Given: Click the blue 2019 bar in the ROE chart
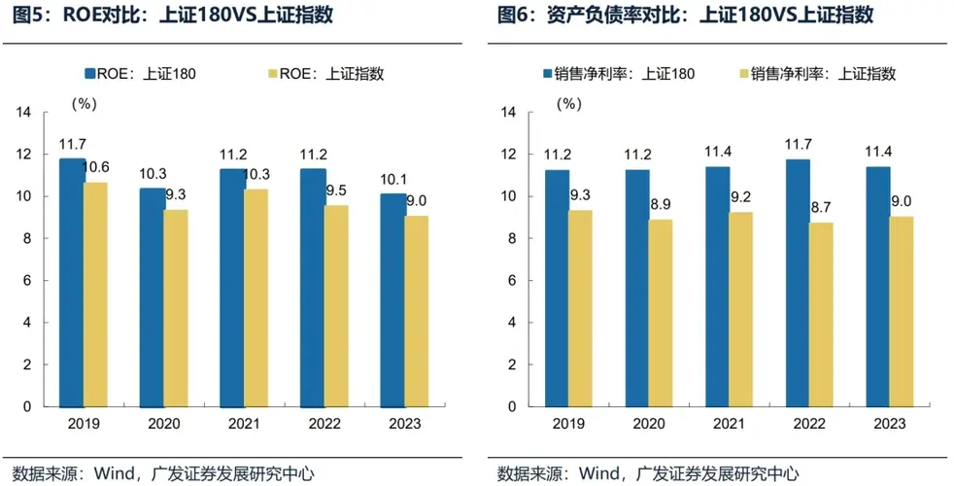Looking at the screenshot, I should pyautogui.click(x=72, y=282).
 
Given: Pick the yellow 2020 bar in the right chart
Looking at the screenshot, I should pyautogui.click(x=661, y=313).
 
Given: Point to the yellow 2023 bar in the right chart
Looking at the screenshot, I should pyautogui.click(x=901, y=311).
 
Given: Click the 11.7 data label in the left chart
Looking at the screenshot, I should pyautogui.click(x=72, y=145).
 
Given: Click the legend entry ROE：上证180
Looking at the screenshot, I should pyautogui.click(x=141, y=74).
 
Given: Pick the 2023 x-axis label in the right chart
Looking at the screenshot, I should pyautogui.click(x=889, y=425).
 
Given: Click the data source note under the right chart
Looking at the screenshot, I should pyautogui.click(x=647, y=473).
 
